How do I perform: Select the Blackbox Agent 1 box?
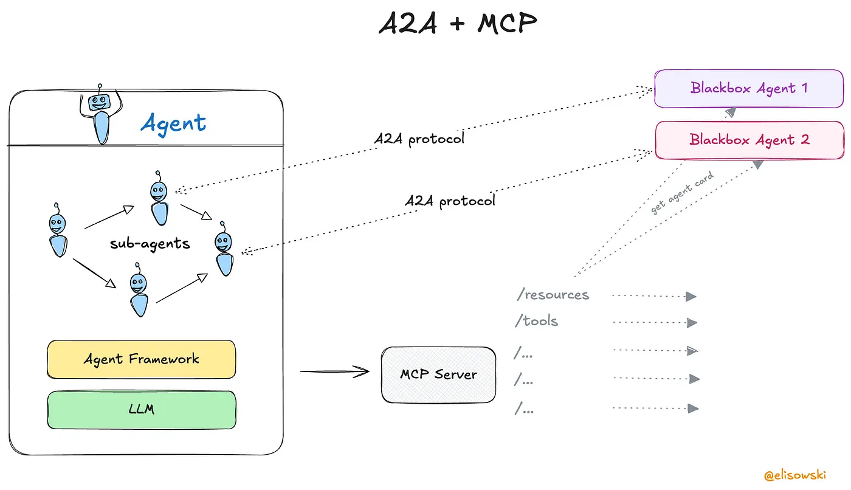tap(749, 89)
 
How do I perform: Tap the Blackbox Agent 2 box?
tap(749, 140)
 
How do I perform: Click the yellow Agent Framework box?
tap(141, 359)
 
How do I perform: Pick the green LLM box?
tap(142, 410)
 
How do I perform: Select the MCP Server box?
tap(438, 374)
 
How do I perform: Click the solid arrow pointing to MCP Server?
tap(335, 371)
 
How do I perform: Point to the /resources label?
tap(553, 294)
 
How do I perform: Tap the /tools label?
tap(536, 320)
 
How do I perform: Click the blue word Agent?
tap(173, 123)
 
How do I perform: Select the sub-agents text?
tap(150, 244)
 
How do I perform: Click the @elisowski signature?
tap(795, 475)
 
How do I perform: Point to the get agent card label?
tap(682, 193)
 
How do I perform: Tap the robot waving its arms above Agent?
tap(101, 114)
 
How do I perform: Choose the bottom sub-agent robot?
tap(139, 289)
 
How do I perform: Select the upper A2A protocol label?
tap(419, 139)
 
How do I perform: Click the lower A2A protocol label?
tap(450, 201)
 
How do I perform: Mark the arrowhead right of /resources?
tap(691, 297)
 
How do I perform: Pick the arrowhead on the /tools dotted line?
tap(692, 323)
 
